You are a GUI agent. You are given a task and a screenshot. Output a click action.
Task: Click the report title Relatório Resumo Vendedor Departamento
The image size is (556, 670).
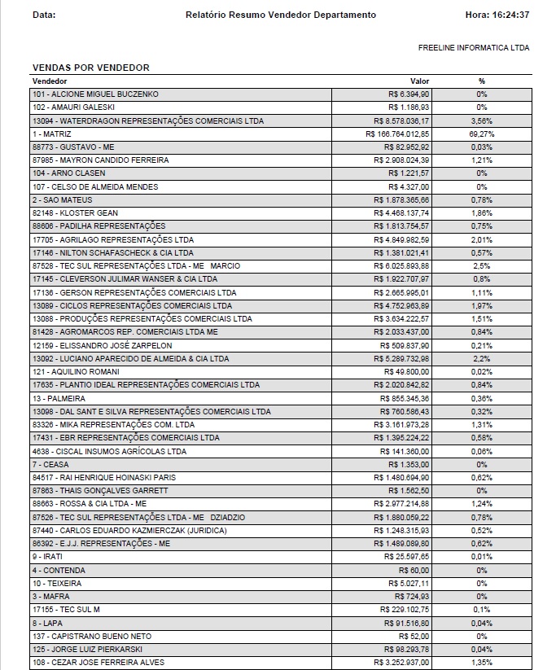(281, 15)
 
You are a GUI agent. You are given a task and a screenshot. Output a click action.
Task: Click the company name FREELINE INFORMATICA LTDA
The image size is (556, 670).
(474, 48)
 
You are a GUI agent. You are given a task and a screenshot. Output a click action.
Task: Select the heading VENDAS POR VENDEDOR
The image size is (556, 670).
(90, 68)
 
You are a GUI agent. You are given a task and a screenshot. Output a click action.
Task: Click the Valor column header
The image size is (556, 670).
(419, 81)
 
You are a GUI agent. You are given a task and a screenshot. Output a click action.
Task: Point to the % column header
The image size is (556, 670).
(482, 81)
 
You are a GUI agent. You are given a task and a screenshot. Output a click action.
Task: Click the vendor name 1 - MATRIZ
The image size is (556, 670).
(52, 134)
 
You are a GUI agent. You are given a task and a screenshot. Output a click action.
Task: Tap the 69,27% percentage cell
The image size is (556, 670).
(482, 134)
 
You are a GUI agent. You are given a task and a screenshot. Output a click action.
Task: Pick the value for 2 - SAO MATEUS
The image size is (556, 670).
(401, 199)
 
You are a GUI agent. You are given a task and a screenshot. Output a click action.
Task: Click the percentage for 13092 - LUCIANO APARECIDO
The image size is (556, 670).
(482, 358)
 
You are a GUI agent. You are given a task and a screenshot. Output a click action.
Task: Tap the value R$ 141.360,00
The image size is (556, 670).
(405, 451)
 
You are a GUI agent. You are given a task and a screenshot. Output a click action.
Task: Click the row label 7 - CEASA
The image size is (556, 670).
(51, 464)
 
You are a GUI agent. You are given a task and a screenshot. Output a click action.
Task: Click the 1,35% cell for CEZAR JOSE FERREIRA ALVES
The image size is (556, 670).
(482, 663)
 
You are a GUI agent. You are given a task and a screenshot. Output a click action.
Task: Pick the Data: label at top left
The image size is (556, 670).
(44, 15)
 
